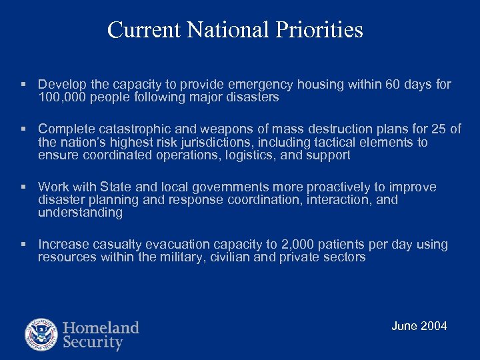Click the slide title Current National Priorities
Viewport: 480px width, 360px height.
pos(235,30)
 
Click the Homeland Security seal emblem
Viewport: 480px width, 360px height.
pos(41,335)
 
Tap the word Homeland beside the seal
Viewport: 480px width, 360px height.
pos(101,327)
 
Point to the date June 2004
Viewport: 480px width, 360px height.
pos(419,326)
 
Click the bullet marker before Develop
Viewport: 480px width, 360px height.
pos(23,85)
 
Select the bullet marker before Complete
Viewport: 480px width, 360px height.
pos(23,129)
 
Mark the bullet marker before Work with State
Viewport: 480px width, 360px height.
pos(23,187)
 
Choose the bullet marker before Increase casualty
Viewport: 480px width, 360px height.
pos(23,245)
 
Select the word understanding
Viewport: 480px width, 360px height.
pos(80,213)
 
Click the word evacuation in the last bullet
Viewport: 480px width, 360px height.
pos(171,245)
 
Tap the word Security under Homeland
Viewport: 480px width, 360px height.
pos(93,343)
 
